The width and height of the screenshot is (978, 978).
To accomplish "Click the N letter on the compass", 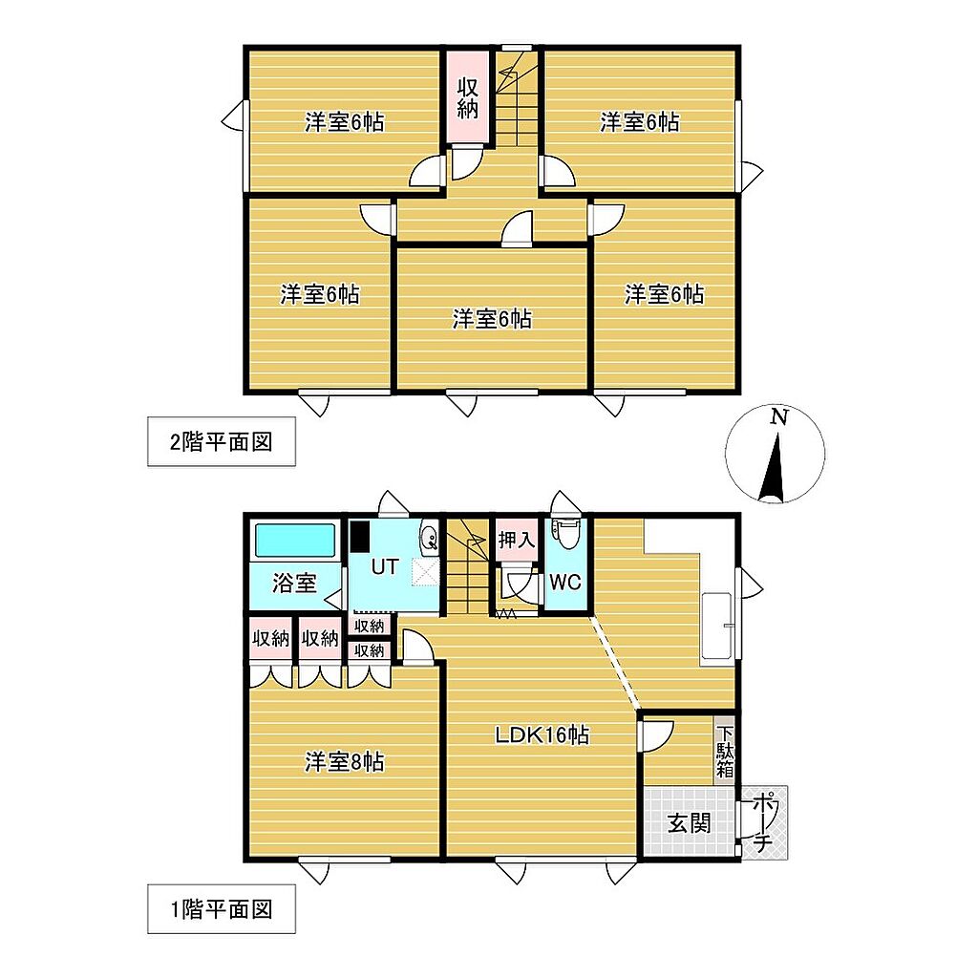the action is pos(778,416).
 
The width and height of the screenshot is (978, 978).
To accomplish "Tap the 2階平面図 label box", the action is pos(222,441).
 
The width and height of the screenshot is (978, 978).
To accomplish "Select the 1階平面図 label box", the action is pos(222,909).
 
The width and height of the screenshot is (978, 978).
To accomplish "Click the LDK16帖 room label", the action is pos(542,735).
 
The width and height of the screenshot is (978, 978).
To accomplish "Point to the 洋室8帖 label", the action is pos(344,761).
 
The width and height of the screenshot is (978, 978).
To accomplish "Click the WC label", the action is pos(565,582).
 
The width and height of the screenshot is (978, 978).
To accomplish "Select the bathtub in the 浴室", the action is pos(295,541).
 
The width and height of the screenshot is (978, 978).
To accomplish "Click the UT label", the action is pos(385,566).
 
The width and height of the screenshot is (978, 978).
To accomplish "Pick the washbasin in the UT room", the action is pos(430,537).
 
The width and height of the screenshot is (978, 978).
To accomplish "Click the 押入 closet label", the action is pos(517,540).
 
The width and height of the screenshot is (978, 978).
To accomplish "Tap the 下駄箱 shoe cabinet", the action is pos(725,751).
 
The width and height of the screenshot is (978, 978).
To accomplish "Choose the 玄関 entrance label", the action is pos(690,823).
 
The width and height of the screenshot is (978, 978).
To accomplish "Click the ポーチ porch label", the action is pos(763,822).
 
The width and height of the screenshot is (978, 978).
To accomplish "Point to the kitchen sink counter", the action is pos(716,625).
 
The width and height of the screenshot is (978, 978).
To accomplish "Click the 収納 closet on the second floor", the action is pos(468,97).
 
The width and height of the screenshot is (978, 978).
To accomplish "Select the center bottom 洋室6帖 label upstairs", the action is pos(492,319).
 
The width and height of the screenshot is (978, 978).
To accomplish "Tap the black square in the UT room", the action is pos(359,537).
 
